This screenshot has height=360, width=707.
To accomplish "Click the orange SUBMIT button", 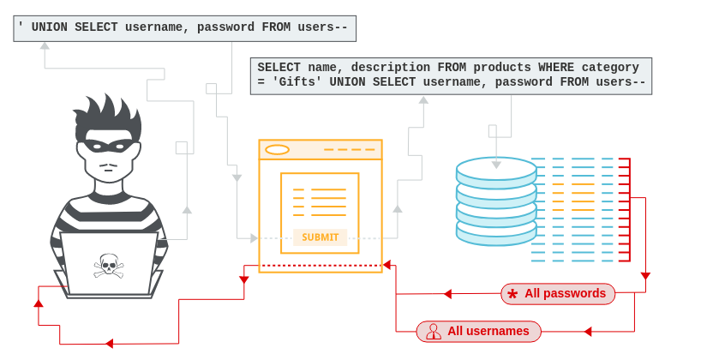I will point(320,237).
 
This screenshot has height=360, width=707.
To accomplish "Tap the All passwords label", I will point(565,294).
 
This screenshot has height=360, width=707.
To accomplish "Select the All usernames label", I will point(488,331).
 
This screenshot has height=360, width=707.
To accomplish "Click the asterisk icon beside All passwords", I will point(512,294).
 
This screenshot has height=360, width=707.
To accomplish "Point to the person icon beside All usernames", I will point(434,331).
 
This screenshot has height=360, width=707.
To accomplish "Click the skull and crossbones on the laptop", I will point(108,265).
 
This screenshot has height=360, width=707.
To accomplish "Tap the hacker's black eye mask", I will point(107,146).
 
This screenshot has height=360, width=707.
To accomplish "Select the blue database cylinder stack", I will point(495,201).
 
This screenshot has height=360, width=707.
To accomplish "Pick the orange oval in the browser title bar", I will point(277,150).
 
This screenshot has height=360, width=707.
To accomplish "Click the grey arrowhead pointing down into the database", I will point(496,164).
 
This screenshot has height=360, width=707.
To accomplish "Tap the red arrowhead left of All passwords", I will point(447,294).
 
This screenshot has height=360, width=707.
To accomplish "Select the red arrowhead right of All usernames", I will point(588,331).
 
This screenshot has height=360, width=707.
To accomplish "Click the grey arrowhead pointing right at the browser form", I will point(254,238).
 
